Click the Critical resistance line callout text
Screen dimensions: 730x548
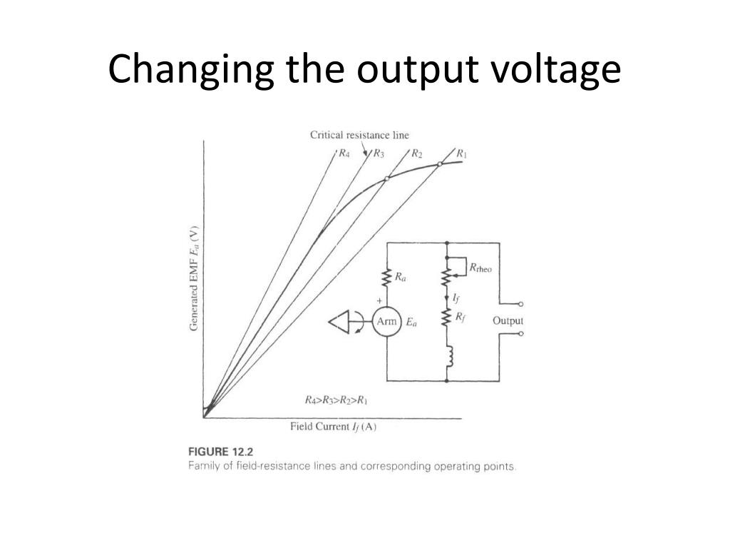(x=359, y=135)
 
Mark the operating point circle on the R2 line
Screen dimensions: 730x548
(x=386, y=178)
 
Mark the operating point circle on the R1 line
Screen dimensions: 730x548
(x=440, y=164)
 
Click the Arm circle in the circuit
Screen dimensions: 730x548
(x=386, y=322)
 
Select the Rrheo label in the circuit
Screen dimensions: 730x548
(x=480, y=268)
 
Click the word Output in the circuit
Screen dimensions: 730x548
(x=508, y=320)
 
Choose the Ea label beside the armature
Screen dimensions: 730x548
(x=412, y=323)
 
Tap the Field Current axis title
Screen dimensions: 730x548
(x=333, y=427)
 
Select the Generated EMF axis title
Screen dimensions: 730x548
(x=194, y=278)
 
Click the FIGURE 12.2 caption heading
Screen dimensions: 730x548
(x=221, y=452)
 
